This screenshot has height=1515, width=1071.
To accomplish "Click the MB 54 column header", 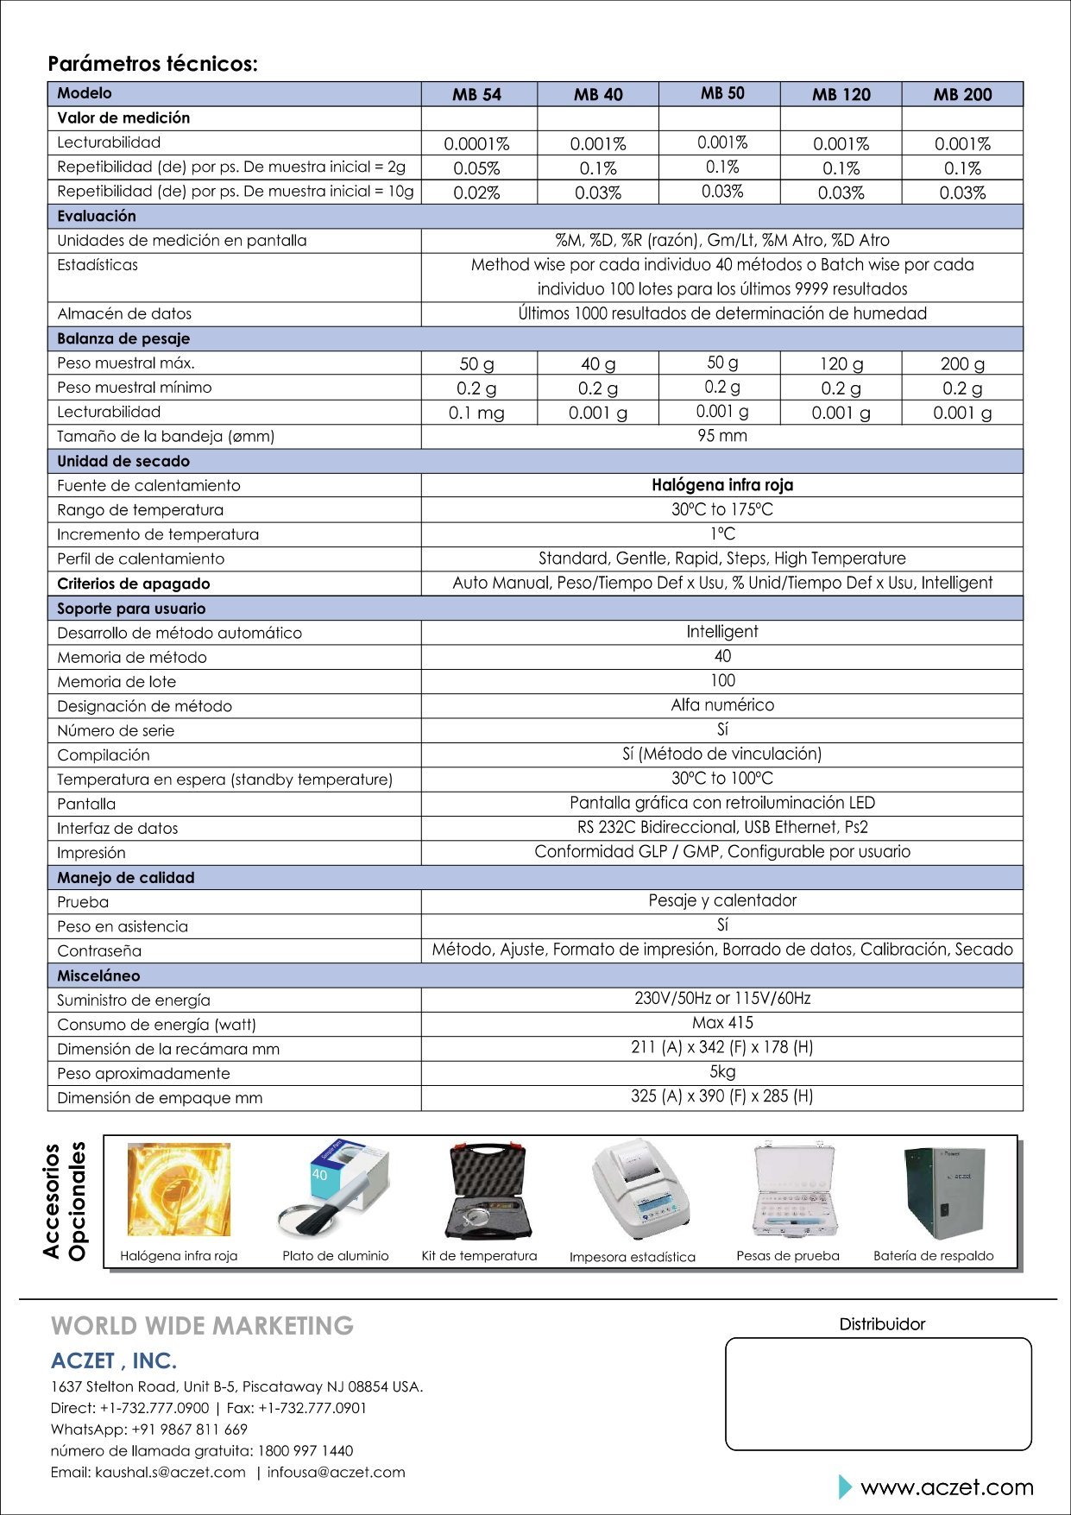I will [476, 94].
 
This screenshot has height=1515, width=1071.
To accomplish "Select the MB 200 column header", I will [962, 94].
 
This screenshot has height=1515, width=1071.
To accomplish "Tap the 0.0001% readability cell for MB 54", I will [476, 144].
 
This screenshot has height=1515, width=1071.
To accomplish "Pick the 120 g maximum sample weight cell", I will [841, 364].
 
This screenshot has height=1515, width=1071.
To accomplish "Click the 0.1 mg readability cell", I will [476, 413].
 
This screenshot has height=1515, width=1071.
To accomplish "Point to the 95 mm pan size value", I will [722, 436].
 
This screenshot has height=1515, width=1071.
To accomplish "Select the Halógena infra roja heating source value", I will [722, 485].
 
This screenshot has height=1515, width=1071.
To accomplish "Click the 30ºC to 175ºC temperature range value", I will [722, 509].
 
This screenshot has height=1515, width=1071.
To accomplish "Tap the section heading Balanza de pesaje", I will [123, 339].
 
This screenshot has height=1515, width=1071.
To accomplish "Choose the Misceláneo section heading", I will [98, 975].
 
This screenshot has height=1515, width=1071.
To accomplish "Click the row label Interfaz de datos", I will [117, 829].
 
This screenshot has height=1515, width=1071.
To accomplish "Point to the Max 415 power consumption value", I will [722, 1023].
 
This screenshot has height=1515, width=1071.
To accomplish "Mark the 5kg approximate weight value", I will [722, 1072].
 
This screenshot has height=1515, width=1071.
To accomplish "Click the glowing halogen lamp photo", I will [179, 1190].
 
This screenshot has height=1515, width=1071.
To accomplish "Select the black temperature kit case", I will [488, 1191].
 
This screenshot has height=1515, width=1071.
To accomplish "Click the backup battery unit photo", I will [943, 1193].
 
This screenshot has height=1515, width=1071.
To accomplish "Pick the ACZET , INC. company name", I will [114, 1361].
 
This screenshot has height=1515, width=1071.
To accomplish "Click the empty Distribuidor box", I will [878, 1393].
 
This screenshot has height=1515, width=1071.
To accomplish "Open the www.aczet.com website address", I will [947, 1487].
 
